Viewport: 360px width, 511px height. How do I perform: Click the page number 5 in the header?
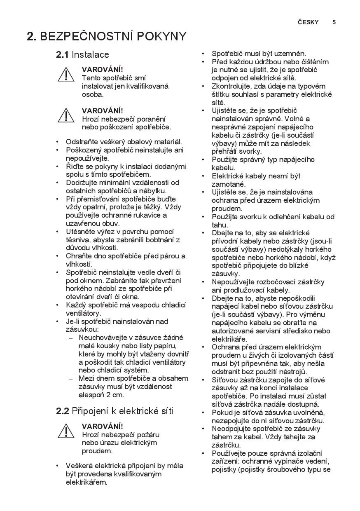[334, 22]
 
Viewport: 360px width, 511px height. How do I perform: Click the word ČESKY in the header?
[308, 22]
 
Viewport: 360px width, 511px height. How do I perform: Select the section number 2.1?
[62, 54]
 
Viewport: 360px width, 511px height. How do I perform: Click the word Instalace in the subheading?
[91, 54]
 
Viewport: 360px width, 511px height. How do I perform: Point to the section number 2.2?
[62, 411]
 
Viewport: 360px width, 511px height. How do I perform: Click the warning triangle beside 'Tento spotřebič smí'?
[66, 75]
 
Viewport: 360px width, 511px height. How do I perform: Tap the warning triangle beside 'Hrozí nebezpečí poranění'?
[66, 115]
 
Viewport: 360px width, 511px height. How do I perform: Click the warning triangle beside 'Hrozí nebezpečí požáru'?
[66, 431]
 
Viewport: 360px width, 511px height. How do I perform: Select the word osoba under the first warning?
[92, 94]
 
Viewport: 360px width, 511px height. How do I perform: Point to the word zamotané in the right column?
[228, 184]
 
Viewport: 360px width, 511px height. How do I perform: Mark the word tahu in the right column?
[220, 225]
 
